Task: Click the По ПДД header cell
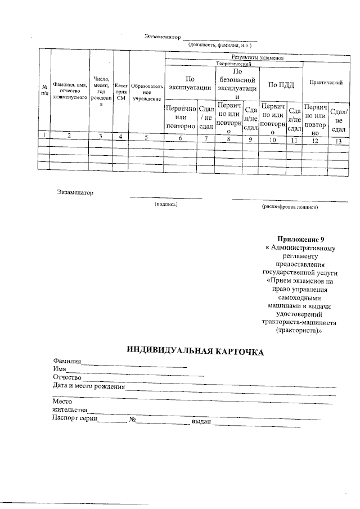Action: [x=281, y=84]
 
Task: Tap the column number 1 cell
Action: [x=44, y=135]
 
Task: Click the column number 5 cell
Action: [x=146, y=137]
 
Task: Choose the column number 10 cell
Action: [x=273, y=139]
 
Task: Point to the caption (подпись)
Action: [x=166, y=205]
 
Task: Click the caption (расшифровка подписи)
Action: [x=290, y=208]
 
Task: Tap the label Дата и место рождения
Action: [x=88, y=386]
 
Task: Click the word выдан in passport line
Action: [x=201, y=421]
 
